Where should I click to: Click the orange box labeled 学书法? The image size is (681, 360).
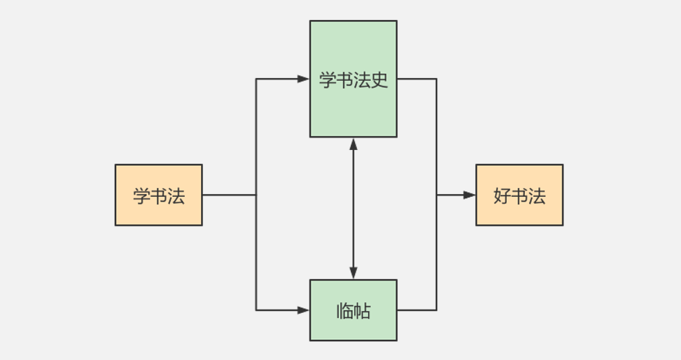click(158, 195)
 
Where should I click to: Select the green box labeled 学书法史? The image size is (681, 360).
click(353, 79)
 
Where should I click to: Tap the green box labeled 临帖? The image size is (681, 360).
click(353, 310)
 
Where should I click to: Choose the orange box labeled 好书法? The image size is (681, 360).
click(519, 195)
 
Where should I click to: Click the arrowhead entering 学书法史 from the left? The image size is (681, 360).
click(303, 79)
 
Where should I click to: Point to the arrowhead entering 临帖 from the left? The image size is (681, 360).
click(303, 310)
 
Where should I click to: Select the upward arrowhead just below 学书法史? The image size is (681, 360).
click(353, 144)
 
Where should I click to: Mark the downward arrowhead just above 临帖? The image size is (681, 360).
click(353, 273)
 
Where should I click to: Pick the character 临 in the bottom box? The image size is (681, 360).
click(345, 311)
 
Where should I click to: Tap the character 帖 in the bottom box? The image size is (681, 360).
click(362, 311)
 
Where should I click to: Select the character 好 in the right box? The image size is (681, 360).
click(502, 196)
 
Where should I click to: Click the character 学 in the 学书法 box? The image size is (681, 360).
click(142, 196)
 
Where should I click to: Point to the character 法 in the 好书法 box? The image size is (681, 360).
click(537, 196)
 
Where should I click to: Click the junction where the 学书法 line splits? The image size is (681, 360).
click(256, 195)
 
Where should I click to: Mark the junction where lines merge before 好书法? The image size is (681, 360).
click(437, 195)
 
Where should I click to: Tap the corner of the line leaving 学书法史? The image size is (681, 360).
click(437, 79)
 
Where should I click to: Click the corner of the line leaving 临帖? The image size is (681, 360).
click(437, 310)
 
